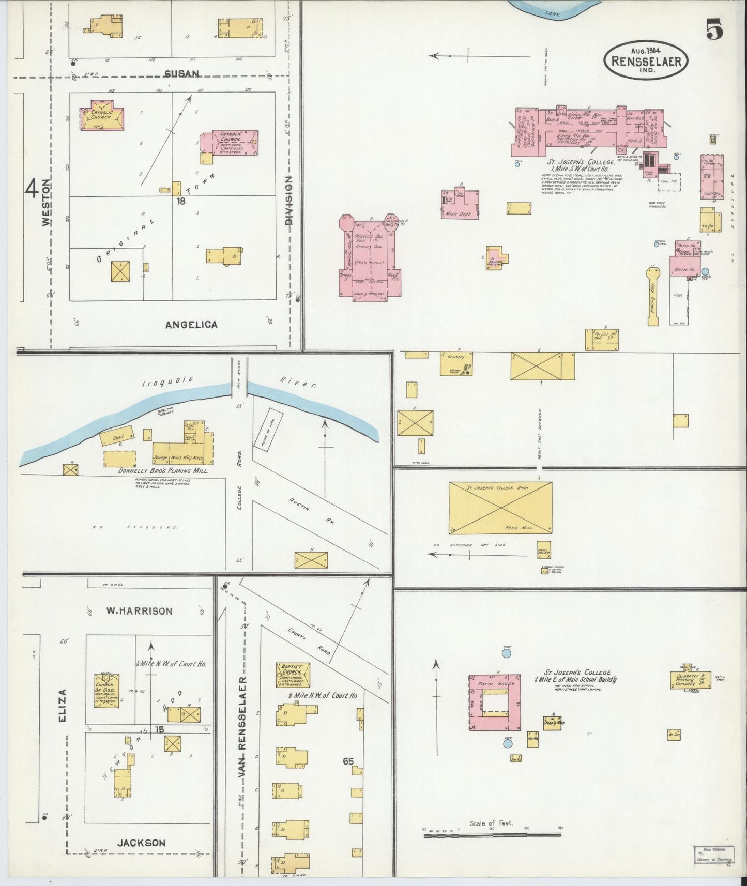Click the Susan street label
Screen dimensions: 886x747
coord(181,73)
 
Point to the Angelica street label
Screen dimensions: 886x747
coord(191,325)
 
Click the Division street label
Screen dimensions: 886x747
coord(288,200)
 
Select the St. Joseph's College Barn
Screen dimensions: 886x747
coord(500,507)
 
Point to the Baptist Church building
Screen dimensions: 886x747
coord(293,676)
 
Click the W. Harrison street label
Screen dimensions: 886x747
coord(140,610)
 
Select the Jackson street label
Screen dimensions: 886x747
coord(141,843)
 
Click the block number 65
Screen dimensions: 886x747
coord(347,761)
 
